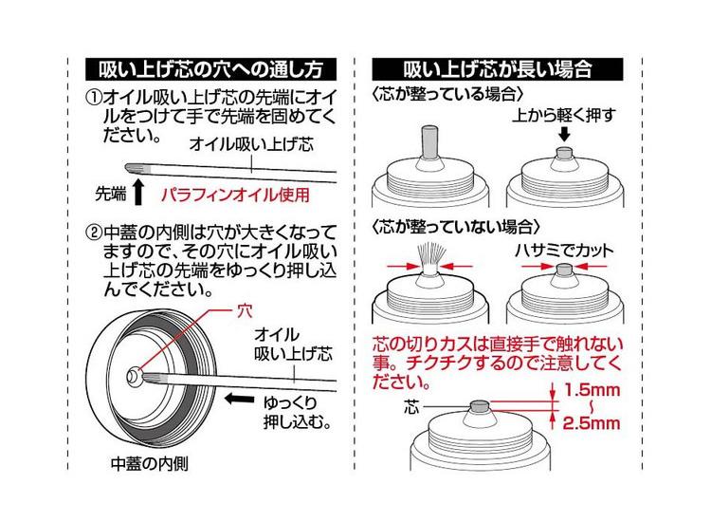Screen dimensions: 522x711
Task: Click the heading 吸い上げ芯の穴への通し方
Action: click(210, 69)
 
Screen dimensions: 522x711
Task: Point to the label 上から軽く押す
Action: click(565, 115)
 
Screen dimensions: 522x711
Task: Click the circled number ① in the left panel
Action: click(93, 97)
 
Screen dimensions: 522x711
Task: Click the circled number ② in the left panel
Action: click(93, 230)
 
